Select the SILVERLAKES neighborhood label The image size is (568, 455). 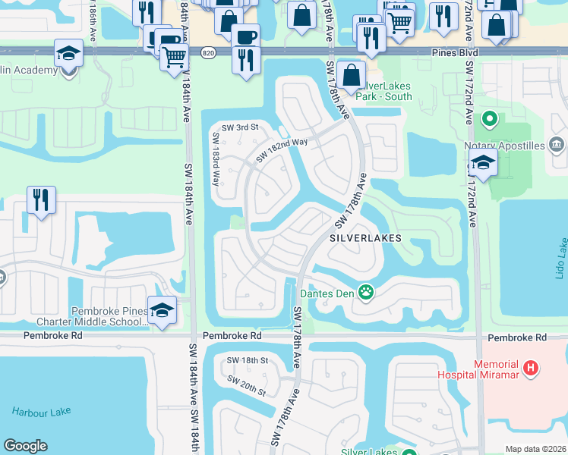coord(364,237)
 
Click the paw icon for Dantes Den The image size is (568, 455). coord(366,291)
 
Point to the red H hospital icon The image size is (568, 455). coord(532,369)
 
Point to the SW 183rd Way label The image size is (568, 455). coord(216,160)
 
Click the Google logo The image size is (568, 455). coord(25,446)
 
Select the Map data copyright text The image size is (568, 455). coord(535,449)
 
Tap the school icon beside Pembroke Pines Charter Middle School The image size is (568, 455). coord(163,309)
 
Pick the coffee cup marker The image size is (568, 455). coord(245,35)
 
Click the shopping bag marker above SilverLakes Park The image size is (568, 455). coord(352,74)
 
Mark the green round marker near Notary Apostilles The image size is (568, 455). coord(490,119)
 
